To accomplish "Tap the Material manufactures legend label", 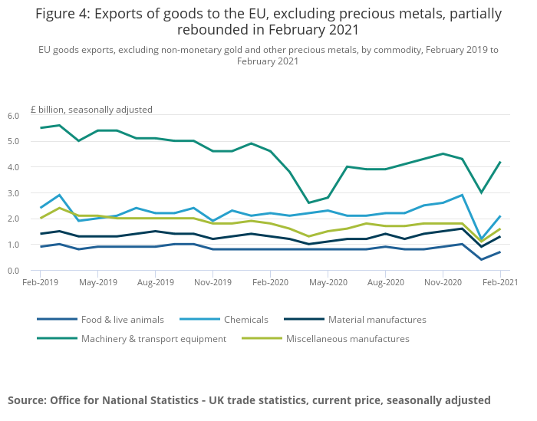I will [377, 319].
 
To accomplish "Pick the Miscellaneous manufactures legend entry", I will [347, 338].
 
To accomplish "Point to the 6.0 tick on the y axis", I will [13, 116].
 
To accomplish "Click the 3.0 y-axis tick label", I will [13, 193].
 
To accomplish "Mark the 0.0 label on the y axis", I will [13, 271].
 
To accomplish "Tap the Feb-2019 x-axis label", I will [40, 282].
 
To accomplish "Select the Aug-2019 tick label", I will [155, 282].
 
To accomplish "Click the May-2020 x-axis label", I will [328, 282].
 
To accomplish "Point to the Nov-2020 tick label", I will [443, 282].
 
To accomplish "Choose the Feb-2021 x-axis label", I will [500, 282].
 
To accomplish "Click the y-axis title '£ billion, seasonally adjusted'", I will [91, 109].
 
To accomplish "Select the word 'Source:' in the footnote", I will [28, 400].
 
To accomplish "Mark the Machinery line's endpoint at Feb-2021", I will [500, 162].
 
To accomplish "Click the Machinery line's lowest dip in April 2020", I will [308, 203].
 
